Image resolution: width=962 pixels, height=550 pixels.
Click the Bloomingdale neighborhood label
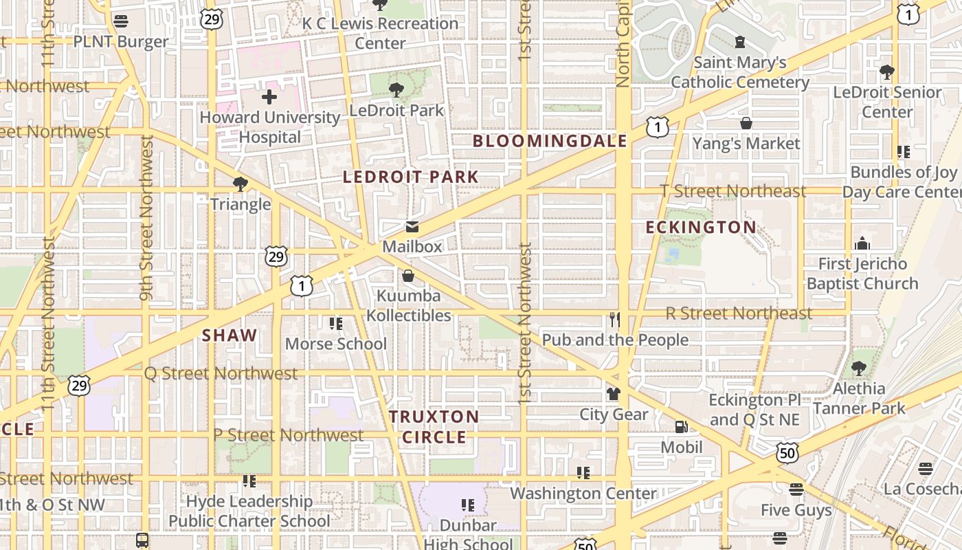point(550,142)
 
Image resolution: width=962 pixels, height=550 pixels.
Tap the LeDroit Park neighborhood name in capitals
point(410,177)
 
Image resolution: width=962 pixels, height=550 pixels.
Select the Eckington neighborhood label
point(701,228)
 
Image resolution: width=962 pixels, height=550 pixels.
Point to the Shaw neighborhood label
point(230,335)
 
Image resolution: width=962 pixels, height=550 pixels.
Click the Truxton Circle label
point(434,427)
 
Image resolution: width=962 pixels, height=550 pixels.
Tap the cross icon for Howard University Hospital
point(269,97)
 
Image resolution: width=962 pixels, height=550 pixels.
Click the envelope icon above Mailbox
point(412,228)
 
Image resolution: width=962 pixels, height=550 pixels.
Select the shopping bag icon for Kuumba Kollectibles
point(408,276)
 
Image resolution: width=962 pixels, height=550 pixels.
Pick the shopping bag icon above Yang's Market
point(746,124)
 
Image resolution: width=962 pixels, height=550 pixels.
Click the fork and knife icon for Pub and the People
point(614,320)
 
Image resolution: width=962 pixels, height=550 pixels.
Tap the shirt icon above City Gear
point(613,394)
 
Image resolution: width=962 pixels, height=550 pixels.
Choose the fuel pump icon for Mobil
point(681,428)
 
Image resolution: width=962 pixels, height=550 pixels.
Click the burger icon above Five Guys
point(796,489)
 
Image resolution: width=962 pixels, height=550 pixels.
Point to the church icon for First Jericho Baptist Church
point(862,243)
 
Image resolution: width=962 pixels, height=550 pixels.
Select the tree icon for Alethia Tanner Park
point(858,368)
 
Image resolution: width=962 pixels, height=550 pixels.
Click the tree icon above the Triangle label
point(240,184)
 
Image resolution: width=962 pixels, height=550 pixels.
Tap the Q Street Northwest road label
point(221,373)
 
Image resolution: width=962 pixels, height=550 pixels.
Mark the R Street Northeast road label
point(739,313)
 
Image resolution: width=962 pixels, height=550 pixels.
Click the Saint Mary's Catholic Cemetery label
point(739,72)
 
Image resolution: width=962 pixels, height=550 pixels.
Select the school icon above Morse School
point(335,324)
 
